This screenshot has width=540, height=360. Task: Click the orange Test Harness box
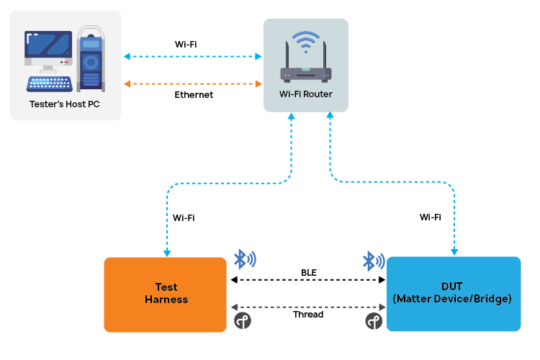(x=166, y=294)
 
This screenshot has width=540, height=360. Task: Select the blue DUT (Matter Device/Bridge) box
(x=453, y=294)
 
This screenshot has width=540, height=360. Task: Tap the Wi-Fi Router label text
(x=306, y=94)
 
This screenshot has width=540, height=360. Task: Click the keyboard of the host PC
(x=50, y=84)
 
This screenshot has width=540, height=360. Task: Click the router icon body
(x=306, y=73)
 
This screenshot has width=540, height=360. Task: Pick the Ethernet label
(x=194, y=94)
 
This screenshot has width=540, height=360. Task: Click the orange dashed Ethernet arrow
(x=193, y=84)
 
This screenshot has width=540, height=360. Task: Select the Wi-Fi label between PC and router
(x=186, y=44)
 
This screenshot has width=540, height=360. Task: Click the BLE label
(x=309, y=272)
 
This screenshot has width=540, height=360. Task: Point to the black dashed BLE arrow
(x=307, y=280)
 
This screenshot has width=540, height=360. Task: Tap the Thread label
(x=308, y=315)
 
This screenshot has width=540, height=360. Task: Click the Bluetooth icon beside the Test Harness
(x=245, y=259)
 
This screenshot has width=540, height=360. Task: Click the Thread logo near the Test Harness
(x=243, y=320)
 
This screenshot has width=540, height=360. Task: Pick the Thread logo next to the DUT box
(x=373, y=320)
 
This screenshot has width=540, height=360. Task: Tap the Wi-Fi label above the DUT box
(x=430, y=217)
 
